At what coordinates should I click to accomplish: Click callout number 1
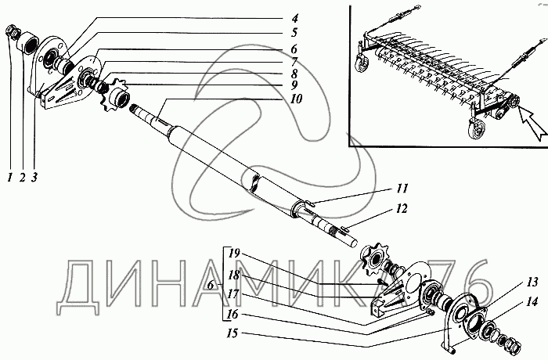click(x=10, y=178)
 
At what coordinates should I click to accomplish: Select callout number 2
click(x=22, y=178)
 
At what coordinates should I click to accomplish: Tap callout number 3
click(x=34, y=178)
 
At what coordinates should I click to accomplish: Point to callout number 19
click(x=233, y=254)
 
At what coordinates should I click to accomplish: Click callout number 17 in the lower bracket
click(x=233, y=294)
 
